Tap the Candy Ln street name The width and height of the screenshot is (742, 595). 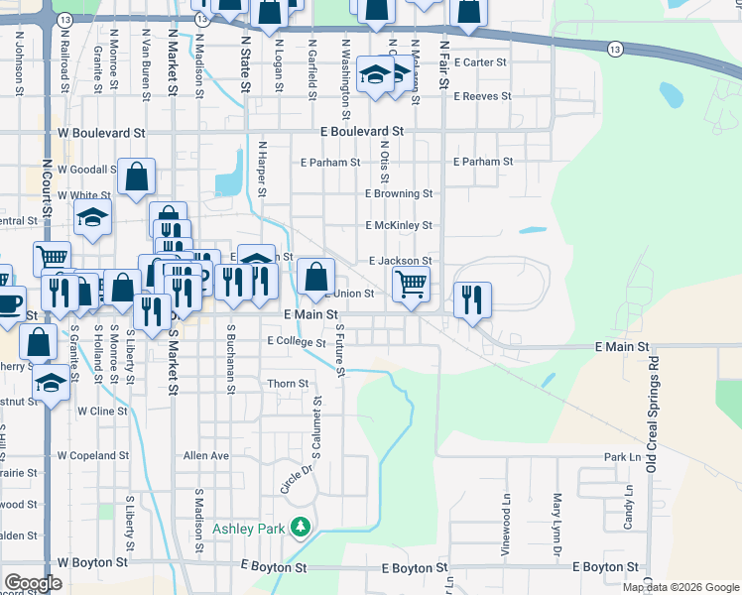(628, 507)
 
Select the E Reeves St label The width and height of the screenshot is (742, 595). (482, 96)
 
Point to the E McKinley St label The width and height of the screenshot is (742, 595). (399, 226)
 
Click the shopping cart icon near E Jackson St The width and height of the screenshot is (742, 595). (411, 284)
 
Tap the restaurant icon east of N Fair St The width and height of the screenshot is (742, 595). (472, 298)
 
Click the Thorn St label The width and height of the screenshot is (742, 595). (289, 384)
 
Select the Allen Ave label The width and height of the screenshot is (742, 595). (206, 455)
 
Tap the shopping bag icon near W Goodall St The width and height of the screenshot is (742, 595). (137, 177)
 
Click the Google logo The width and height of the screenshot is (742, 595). (33, 584)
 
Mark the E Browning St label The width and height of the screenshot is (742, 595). (399, 193)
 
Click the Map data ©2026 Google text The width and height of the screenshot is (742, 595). (680, 587)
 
